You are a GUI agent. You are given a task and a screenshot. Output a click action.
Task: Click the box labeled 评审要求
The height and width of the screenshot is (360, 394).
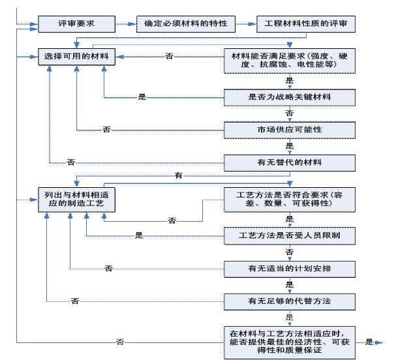click(x=77, y=24)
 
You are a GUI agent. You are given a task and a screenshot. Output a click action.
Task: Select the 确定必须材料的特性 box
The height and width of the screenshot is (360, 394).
click(x=186, y=24)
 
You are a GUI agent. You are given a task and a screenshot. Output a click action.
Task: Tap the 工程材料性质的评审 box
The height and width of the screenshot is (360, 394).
click(x=305, y=24)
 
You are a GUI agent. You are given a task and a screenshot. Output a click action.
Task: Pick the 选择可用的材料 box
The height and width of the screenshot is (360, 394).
click(x=77, y=57)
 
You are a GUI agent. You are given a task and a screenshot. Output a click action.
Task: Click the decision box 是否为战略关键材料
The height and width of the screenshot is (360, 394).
click(x=290, y=97)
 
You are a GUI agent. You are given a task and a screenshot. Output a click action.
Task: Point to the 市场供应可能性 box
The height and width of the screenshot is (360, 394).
click(x=290, y=130)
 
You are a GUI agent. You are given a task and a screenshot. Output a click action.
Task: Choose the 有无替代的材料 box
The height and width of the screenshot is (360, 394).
click(x=290, y=162)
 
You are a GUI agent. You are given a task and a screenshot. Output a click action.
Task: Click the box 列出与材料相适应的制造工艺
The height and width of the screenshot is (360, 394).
click(x=77, y=200)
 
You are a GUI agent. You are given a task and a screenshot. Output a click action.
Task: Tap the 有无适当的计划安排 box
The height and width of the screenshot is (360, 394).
click(x=290, y=268)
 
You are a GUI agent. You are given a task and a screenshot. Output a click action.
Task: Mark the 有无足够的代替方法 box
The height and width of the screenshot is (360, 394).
click(x=290, y=301)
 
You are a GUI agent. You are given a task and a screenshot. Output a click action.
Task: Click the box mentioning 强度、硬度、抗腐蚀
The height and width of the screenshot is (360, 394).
click(x=290, y=61)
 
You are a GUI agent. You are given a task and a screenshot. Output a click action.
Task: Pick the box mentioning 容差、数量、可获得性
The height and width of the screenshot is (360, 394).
click(x=290, y=199)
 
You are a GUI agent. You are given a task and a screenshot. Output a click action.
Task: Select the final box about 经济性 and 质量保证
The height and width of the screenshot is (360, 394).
click(x=290, y=341)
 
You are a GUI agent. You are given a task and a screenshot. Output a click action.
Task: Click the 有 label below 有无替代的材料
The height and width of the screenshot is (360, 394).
click(x=178, y=176)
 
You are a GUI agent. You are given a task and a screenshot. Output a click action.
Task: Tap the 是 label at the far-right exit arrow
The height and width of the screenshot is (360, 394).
click(x=370, y=342)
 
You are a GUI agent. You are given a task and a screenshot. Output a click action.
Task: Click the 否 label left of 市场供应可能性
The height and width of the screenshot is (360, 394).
click(x=107, y=130)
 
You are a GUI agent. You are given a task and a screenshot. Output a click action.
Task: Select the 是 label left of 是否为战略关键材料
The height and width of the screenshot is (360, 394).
click(x=142, y=97)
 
